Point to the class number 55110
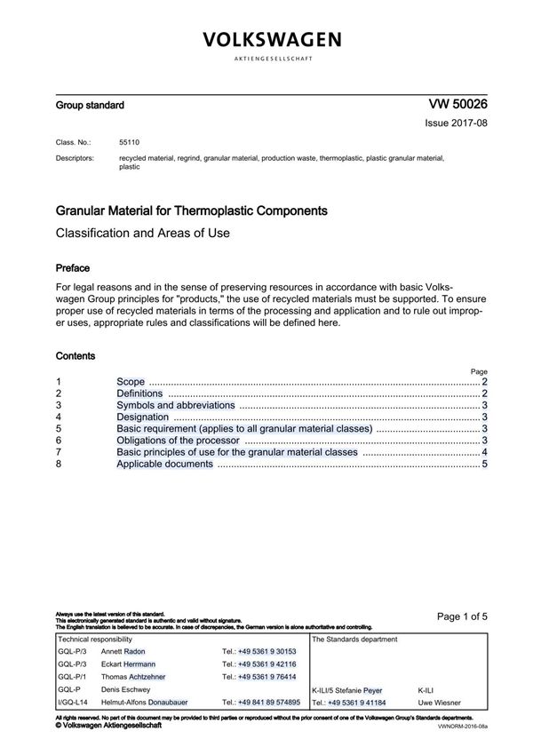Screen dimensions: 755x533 (130, 142)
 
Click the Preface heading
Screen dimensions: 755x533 (73, 267)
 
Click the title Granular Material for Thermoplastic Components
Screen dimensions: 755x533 (191, 211)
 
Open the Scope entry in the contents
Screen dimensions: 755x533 (131, 381)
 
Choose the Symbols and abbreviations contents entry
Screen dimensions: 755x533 (176, 404)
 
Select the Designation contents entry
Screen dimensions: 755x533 (142, 417)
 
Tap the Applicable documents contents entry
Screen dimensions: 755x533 (164, 464)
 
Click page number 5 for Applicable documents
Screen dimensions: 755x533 (485, 464)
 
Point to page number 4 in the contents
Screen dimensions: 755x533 (485, 452)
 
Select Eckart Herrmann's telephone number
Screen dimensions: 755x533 (259, 664)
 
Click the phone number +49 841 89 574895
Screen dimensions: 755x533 (261, 702)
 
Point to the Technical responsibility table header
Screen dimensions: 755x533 (95, 639)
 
